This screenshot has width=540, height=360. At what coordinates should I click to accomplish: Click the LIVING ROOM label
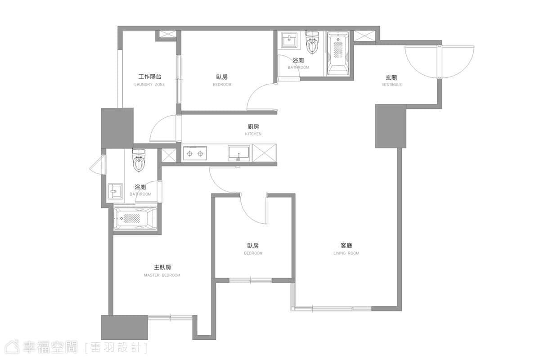[346, 253]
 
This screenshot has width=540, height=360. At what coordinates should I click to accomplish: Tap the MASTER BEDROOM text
[162, 275]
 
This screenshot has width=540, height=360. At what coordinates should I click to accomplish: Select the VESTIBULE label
[392, 85]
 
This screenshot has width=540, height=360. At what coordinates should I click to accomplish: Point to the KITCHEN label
[253, 134]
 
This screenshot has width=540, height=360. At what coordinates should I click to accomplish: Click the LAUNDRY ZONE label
[150, 85]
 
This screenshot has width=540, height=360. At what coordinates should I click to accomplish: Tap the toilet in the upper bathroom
[312, 42]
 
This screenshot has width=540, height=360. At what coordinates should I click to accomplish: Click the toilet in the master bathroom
[139, 160]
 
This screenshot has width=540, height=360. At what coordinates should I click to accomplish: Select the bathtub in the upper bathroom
[338, 54]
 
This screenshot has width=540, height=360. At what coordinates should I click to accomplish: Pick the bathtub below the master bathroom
[135, 218]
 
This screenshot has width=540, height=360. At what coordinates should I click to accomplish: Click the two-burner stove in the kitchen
[195, 153]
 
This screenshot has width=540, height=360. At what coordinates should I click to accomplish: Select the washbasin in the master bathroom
[115, 191]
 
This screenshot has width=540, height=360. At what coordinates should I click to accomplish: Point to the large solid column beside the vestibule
[391, 126]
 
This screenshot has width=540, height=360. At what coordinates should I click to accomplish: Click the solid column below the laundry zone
[117, 128]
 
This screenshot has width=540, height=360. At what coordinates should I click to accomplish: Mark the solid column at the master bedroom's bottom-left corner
[124, 327]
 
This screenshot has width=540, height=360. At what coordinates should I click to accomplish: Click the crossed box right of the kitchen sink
[265, 153]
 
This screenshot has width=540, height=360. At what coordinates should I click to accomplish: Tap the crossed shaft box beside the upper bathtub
[364, 36]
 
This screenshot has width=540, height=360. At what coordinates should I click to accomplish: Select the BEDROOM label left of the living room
[253, 253]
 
